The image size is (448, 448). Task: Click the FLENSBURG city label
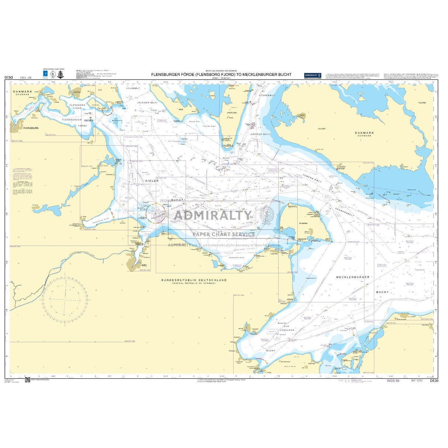(x=31, y=128)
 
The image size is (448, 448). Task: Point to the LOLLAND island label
(x=321, y=129)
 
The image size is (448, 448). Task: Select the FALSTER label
(x=422, y=103)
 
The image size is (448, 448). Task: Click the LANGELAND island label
(x=232, y=113)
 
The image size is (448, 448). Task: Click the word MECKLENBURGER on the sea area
(x=352, y=277)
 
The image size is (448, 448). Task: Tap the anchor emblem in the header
(x=60, y=75)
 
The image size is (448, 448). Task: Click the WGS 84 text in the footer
(x=393, y=380)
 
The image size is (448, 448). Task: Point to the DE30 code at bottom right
(x=434, y=380)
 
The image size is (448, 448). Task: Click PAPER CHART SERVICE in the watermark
(x=224, y=234)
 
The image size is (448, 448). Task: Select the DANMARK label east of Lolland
(x=364, y=133)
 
